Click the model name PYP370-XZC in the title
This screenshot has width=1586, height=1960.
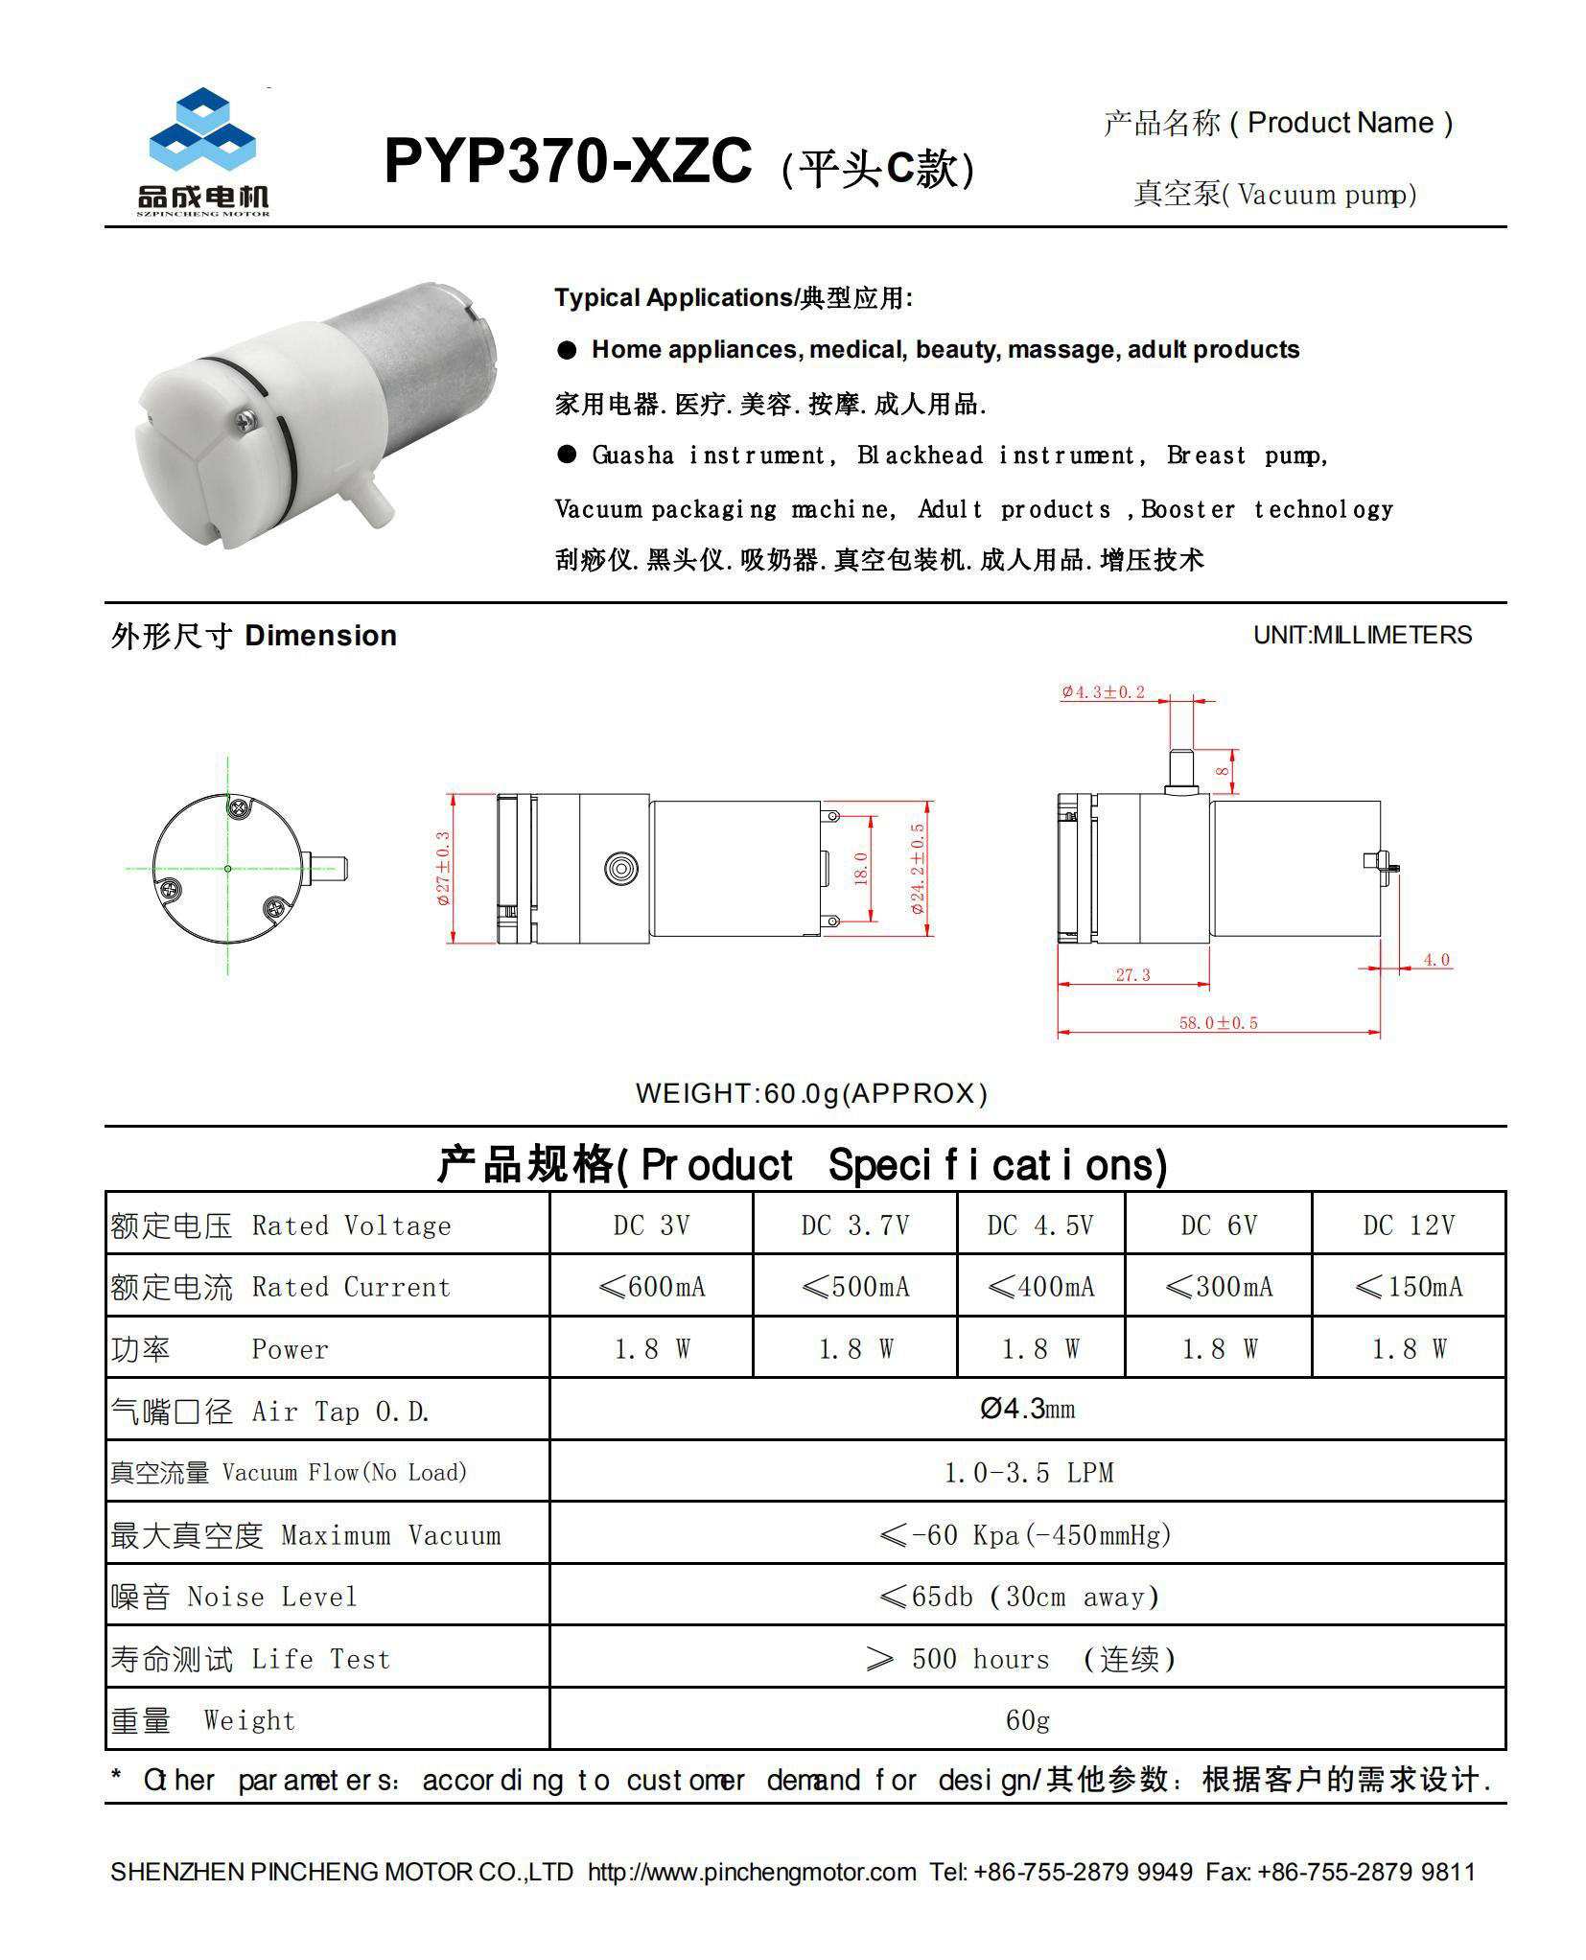click(x=567, y=161)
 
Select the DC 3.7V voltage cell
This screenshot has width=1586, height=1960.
click(x=854, y=1225)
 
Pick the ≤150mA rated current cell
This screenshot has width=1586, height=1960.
click(x=1408, y=1286)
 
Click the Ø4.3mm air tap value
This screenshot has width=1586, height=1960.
click(x=1027, y=1409)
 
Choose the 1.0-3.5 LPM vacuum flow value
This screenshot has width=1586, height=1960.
click(x=1027, y=1472)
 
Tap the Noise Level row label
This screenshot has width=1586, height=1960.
click(x=234, y=1597)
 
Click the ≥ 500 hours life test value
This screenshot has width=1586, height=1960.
click(x=1021, y=1659)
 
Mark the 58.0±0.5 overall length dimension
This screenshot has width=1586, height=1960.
click(x=1218, y=1022)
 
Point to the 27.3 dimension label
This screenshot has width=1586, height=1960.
click(x=1132, y=974)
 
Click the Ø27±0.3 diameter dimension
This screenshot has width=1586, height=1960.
click(x=443, y=868)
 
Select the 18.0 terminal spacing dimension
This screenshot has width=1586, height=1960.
click(x=860, y=868)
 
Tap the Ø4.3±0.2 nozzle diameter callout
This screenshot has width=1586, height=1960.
click(x=1103, y=692)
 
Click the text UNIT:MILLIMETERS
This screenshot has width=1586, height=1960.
click(x=1362, y=635)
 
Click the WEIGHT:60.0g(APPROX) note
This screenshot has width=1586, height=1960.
click(x=811, y=1093)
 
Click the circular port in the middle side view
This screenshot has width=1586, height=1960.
click(x=621, y=869)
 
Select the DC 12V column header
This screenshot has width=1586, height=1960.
click(x=1408, y=1225)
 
